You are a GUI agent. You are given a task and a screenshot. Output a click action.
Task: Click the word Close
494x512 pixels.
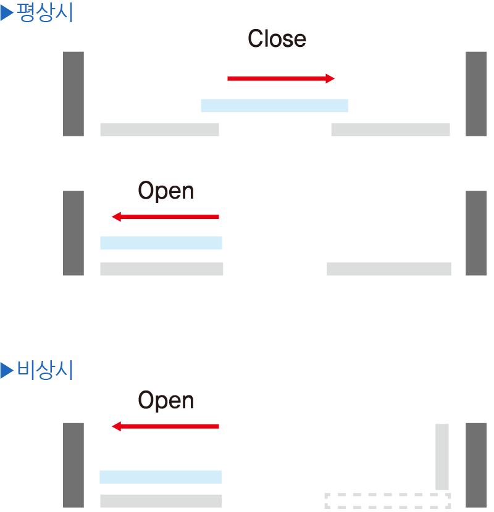tap(277, 38)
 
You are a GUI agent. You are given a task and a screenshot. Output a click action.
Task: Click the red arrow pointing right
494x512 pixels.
tap(281, 78)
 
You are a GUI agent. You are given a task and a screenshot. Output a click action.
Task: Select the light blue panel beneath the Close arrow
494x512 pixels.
tap(275, 106)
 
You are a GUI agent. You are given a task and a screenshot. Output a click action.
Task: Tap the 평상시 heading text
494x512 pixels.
tap(45, 12)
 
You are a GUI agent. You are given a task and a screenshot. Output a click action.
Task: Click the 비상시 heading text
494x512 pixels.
tap(45, 370)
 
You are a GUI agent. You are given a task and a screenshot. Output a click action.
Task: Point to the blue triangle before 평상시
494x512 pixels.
tap(7, 13)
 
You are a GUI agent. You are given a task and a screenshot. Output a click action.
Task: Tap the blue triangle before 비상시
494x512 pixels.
tap(7, 370)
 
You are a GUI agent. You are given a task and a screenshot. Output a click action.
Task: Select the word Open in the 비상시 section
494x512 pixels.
tap(165, 400)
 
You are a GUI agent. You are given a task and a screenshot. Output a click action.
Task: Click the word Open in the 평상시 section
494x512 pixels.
tap(165, 191)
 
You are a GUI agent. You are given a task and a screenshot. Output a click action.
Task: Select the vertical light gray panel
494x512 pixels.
tap(442, 457)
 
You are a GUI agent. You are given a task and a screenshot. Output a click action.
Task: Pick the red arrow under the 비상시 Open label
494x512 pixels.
tap(165, 426)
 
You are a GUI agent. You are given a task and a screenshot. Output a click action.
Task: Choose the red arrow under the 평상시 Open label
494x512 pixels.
tap(165, 217)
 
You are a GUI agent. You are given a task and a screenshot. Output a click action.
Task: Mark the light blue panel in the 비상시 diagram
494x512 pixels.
tap(161, 477)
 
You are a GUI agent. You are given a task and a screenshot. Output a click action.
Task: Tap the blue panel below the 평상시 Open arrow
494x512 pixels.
tap(161, 243)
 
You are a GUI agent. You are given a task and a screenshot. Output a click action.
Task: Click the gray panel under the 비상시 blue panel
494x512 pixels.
tap(161, 501)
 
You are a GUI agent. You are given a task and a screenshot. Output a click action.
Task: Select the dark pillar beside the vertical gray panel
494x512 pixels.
tap(476, 465)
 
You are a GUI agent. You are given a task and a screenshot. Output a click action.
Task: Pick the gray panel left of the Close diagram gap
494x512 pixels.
tap(159, 130)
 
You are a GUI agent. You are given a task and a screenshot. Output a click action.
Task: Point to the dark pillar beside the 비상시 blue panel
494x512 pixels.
tap(73, 465)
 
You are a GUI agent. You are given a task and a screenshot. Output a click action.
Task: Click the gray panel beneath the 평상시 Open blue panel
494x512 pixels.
tap(162, 269)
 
